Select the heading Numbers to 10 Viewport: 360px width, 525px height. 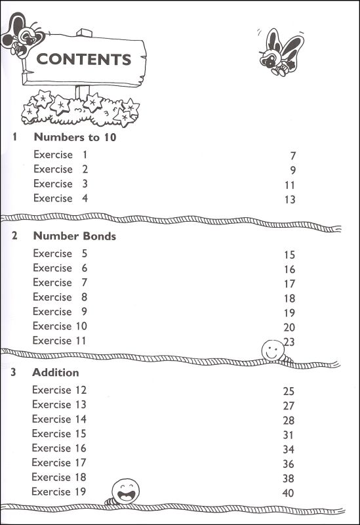(75, 138)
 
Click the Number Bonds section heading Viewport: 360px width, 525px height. (74, 236)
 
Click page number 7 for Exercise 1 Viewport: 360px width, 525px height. (292, 156)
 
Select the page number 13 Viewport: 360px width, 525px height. (290, 199)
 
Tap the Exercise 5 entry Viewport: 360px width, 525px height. (60, 254)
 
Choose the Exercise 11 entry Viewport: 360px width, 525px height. (60, 341)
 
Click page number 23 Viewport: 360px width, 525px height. (290, 342)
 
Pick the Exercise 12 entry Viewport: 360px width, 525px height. (59, 390)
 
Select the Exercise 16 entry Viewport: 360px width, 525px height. (59, 448)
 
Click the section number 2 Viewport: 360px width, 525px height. (14, 236)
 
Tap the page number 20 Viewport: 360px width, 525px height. (289, 327)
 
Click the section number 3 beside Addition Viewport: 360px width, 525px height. (14, 373)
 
